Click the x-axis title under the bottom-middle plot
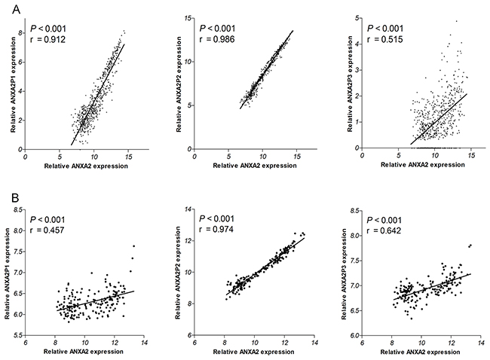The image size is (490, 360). [255, 352]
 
